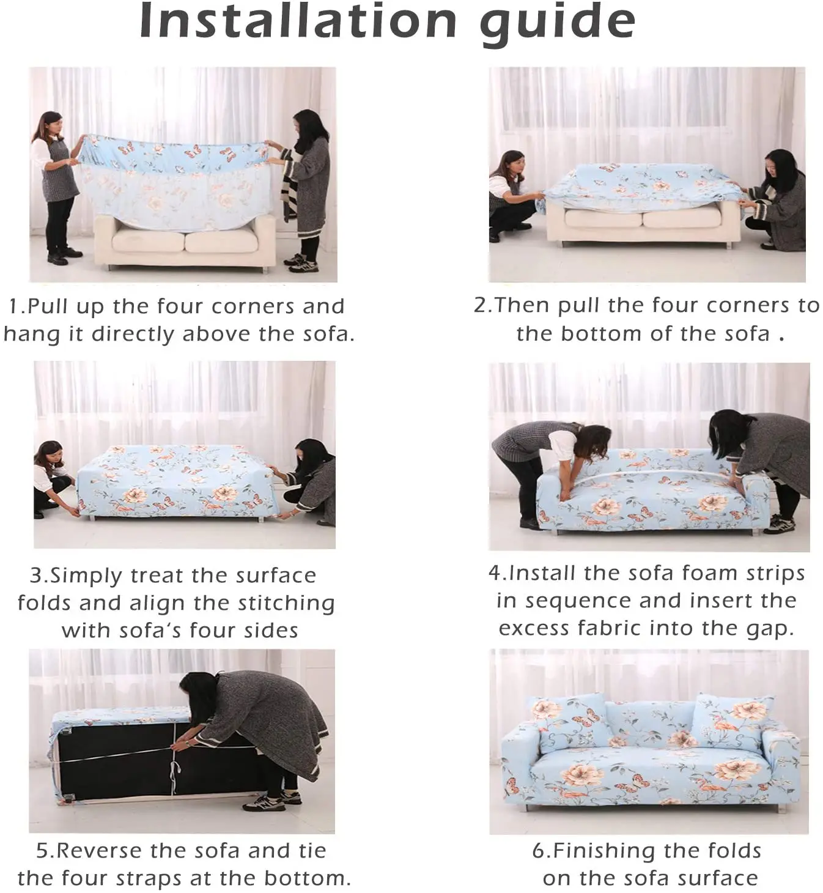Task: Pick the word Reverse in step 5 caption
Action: [100, 850]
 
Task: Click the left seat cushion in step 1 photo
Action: [149, 240]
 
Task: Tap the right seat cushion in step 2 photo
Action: [682, 218]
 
